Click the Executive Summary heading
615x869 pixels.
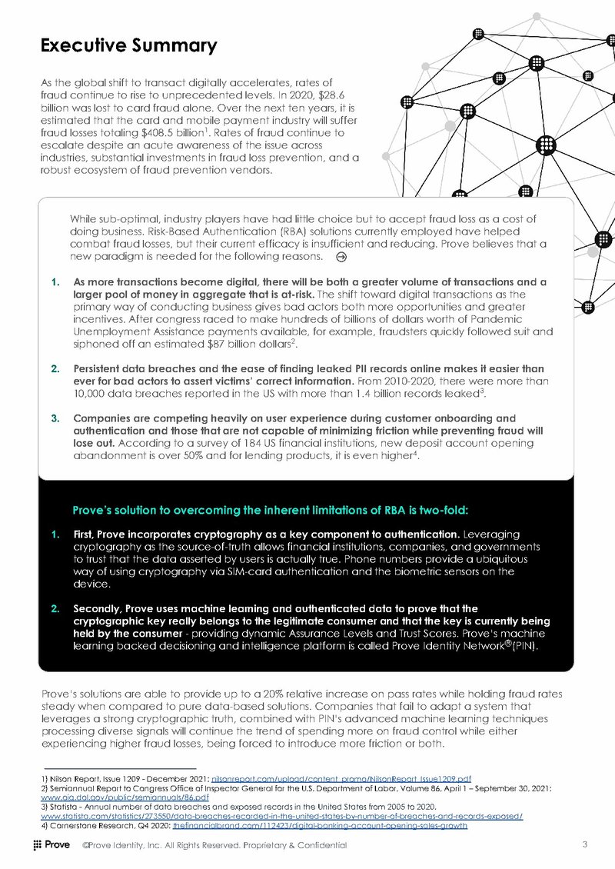pyautogui.click(x=128, y=45)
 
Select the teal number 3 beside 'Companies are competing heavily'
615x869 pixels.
pyautogui.click(x=55, y=418)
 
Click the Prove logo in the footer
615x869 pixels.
pyautogui.click(x=52, y=845)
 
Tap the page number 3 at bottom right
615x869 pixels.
pyautogui.click(x=586, y=845)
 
